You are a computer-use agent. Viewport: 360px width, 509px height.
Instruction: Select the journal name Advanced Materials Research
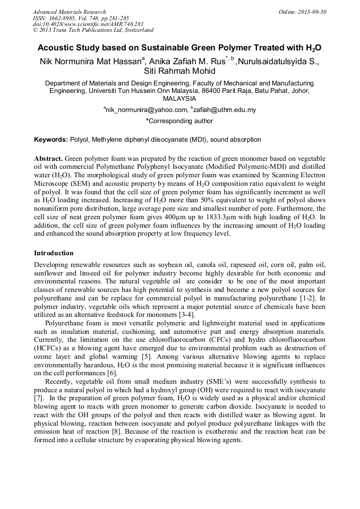tap(69, 11)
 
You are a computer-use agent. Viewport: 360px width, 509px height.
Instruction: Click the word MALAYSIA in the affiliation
tap(179, 99)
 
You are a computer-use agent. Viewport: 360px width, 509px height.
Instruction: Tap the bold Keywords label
tap(50, 140)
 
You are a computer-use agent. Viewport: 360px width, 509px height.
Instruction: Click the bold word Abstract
tap(49, 159)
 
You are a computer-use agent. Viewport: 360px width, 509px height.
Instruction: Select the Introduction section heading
tap(54, 253)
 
